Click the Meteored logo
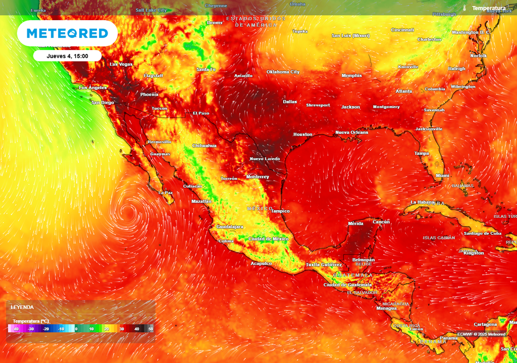coord(67,34)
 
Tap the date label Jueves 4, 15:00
coord(67,56)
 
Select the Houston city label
coord(303,135)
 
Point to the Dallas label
coord(290,101)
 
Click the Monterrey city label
coord(257,177)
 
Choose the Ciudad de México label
coord(268,238)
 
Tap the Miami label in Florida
coord(442,175)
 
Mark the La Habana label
coord(423,202)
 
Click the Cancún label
coord(381,222)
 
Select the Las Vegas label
coord(121,64)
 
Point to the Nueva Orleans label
coord(352,132)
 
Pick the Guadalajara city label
coord(230,227)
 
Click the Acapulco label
coord(262,263)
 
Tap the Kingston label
coord(473,253)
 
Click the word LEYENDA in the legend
coord(22,307)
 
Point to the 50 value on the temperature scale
coord(150,329)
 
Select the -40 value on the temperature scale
coord(16,329)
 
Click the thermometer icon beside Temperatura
coord(464,8)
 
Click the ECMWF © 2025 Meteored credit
coord(481,334)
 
